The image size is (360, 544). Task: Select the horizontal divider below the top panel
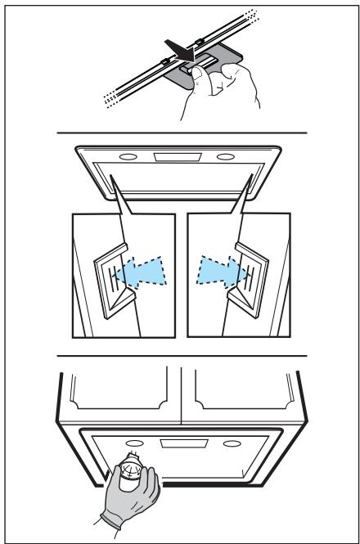181,133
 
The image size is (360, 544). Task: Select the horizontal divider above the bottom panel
181,356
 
